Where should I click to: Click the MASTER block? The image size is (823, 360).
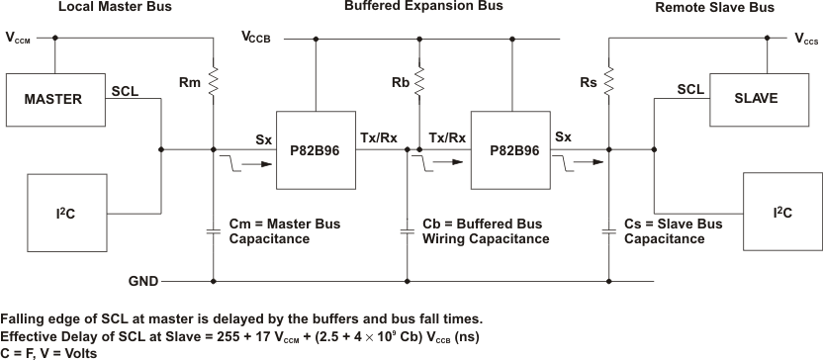coord(53,99)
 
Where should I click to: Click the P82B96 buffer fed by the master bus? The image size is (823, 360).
coord(316,150)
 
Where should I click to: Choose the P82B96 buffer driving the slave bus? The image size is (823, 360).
coord(511,150)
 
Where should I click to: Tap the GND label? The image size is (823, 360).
coord(143,282)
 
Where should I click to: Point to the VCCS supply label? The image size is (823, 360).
coord(806,39)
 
